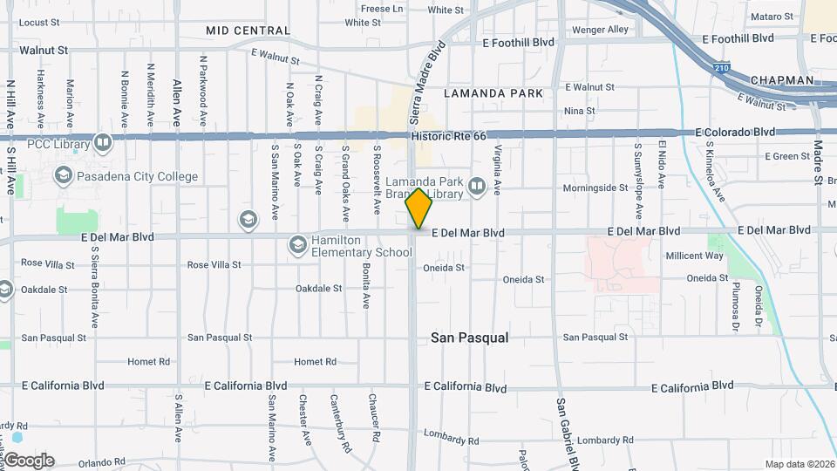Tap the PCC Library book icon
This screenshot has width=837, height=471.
pyautogui.click(x=103, y=142)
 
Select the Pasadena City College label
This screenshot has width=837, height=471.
pyautogui.click(x=138, y=176)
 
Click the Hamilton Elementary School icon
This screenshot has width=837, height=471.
pyautogui.click(x=296, y=246)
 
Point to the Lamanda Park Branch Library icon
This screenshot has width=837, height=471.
pyautogui.click(x=476, y=185)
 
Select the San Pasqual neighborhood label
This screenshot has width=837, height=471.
pyautogui.click(x=470, y=337)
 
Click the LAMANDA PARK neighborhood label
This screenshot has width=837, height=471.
pyautogui.click(x=493, y=92)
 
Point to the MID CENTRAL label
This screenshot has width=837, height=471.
pyautogui.click(x=248, y=31)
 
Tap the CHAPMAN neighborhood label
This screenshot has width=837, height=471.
pyautogui.click(x=779, y=80)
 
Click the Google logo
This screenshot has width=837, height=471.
pyautogui.click(x=29, y=460)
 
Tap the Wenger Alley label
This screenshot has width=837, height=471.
pyautogui.click(x=600, y=30)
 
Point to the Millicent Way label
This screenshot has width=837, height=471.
pyautogui.click(x=695, y=256)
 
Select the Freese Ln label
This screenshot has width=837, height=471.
pyautogui.click(x=382, y=9)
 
